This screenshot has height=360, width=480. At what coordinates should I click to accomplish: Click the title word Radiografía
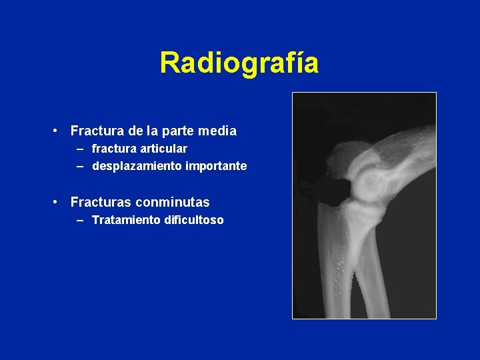pyautogui.click(x=239, y=63)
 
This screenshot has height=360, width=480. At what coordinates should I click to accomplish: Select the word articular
pyautogui.click(x=163, y=149)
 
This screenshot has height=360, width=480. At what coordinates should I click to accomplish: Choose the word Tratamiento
pyautogui.click(x=125, y=219)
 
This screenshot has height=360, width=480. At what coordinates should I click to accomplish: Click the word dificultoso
pyautogui.click(x=194, y=219)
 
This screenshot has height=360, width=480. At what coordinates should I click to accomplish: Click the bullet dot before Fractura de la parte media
pyautogui.click(x=60, y=131)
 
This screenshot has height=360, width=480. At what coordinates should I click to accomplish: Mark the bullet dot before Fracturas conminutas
pyautogui.click(x=60, y=202)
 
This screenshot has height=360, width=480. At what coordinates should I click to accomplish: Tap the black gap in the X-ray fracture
pyautogui.click(x=337, y=189)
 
